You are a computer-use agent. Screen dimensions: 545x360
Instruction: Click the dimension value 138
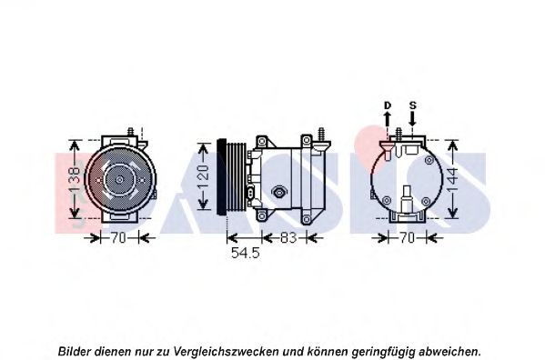[75, 179]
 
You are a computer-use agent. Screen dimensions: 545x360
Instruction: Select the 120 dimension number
[203, 177]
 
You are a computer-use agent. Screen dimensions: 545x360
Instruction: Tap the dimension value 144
[452, 180]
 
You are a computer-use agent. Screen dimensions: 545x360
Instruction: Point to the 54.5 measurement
[246, 253]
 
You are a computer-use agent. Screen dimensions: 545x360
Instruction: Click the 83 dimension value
[288, 238]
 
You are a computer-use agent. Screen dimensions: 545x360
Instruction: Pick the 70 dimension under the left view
[118, 238]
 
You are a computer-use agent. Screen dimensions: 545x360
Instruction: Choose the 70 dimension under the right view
[407, 238]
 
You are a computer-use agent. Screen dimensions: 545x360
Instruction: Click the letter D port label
[388, 105]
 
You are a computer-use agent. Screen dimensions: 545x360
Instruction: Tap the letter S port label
[412, 105]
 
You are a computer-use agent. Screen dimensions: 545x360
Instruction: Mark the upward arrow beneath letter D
[388, 119]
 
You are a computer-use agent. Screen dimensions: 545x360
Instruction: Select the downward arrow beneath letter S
[412, 119]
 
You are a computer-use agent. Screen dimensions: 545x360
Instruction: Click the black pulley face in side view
[221, 177]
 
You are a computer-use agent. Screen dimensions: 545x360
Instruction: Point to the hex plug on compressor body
[278, 191]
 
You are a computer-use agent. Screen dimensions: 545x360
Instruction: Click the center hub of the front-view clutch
[119, 179]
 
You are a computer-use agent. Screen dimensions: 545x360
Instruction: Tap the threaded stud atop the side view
[322, 134]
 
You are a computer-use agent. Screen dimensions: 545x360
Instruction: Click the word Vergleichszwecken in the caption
[226, 351]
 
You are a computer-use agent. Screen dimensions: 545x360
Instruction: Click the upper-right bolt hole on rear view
[429, 160]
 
